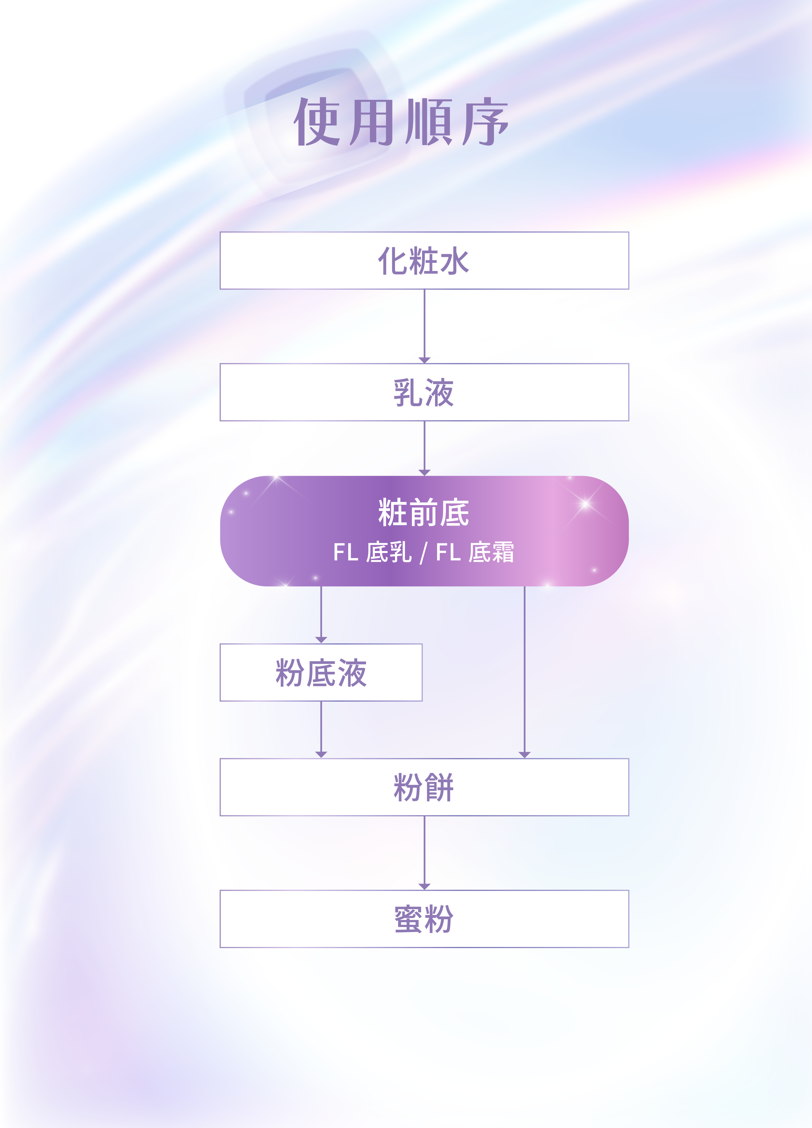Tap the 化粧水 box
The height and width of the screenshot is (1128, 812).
424,261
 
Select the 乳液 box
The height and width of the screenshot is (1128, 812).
424,393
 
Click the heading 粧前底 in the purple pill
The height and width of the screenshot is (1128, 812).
424,513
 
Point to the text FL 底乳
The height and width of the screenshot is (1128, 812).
372,552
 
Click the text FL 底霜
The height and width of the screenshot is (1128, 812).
475,552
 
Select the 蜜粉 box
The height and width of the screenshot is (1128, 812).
424,919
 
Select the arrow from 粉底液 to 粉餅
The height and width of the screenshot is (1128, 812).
321,730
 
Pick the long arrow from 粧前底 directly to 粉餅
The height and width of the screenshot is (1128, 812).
525,671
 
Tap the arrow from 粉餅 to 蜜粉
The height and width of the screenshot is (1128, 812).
424,853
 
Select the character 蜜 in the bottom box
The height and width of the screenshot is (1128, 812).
409,919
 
